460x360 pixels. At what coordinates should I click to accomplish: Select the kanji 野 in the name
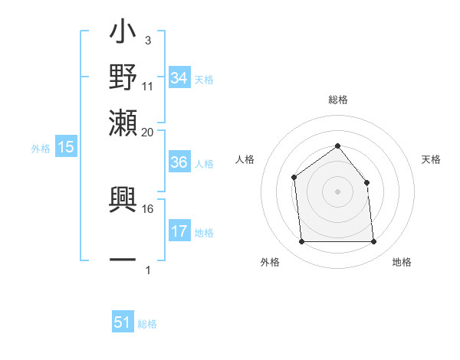[123, 79]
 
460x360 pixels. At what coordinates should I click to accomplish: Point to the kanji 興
[123, 201]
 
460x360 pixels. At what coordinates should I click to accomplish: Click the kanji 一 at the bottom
[123, 259]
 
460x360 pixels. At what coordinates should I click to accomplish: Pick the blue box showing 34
[179, 77]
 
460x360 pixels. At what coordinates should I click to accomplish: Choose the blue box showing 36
[179, 162]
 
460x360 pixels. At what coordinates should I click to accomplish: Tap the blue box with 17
[179, 231]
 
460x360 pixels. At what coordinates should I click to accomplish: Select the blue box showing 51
[123, 322]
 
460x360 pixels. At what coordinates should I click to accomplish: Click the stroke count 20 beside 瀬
[148, 132]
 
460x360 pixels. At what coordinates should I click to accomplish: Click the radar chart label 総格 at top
[337, 100]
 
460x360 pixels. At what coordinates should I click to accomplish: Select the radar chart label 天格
[431, 159]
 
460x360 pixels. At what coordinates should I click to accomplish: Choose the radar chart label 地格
[402, 262]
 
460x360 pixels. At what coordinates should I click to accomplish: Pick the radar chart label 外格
[270, 262]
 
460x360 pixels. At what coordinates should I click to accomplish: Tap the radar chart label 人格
[245, 159]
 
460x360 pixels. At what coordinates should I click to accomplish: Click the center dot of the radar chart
[337, 191]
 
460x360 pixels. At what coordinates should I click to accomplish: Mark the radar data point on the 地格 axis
[373, 242]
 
